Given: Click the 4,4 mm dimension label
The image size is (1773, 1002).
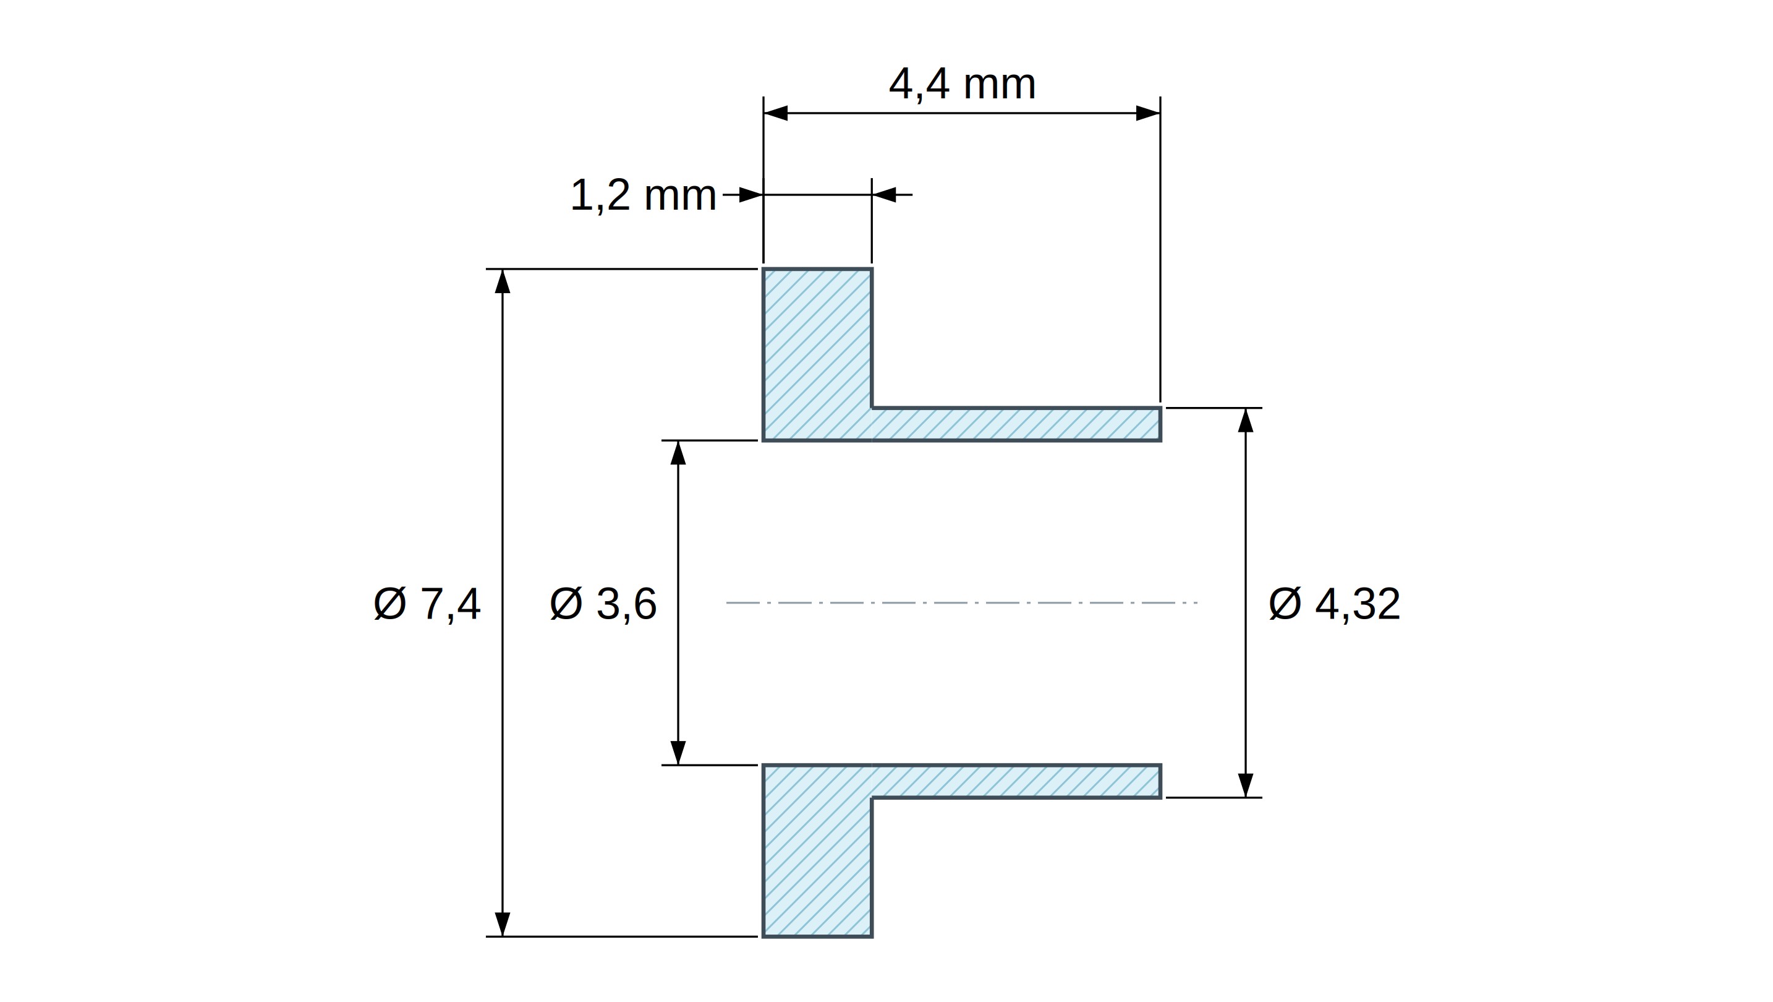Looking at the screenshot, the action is click(962, 84).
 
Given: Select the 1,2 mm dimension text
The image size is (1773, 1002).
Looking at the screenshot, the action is click(644, 195).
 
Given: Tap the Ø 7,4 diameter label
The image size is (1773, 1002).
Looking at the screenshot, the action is click(427, 604).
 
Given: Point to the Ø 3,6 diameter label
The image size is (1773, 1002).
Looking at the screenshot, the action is click(603, 604).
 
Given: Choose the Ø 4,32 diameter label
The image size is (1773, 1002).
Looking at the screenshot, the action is click(1334, 604).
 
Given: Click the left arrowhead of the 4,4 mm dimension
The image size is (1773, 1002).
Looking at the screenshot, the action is click(776, 113).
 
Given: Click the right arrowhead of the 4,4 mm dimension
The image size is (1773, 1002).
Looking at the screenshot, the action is click(1148, 113).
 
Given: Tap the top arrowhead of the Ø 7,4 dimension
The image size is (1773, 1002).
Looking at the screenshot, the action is click(503, 281).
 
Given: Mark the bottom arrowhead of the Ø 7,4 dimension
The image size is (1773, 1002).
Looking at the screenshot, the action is click(503, 924).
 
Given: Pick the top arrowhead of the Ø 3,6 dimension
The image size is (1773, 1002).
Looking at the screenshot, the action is click(678, 453).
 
